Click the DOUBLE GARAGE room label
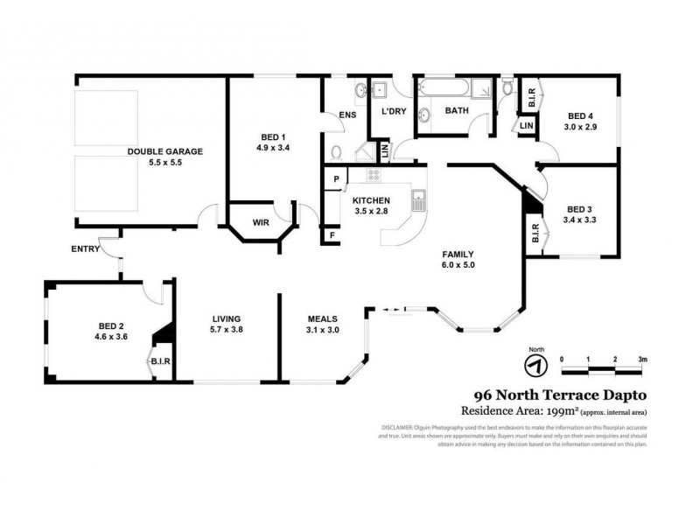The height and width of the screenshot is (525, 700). pos(164,151)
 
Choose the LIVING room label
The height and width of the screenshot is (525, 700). pos(226,318)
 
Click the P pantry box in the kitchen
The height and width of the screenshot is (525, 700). pos(335,180)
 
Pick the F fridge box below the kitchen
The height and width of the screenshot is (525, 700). pos(332,235)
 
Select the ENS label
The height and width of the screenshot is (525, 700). pos(346,114)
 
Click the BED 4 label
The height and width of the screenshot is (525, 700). pos(579,116)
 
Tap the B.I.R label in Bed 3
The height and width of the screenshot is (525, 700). pos(534,234)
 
